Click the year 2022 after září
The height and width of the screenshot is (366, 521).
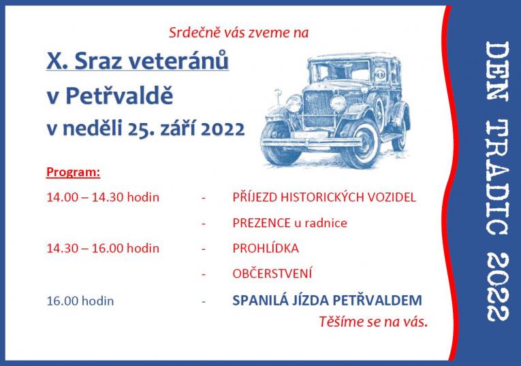(221, 129)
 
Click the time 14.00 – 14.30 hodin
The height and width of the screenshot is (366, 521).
(103, 197)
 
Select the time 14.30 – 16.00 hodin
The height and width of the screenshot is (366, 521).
(103, 248)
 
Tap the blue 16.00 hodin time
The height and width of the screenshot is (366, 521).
(80, 300)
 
